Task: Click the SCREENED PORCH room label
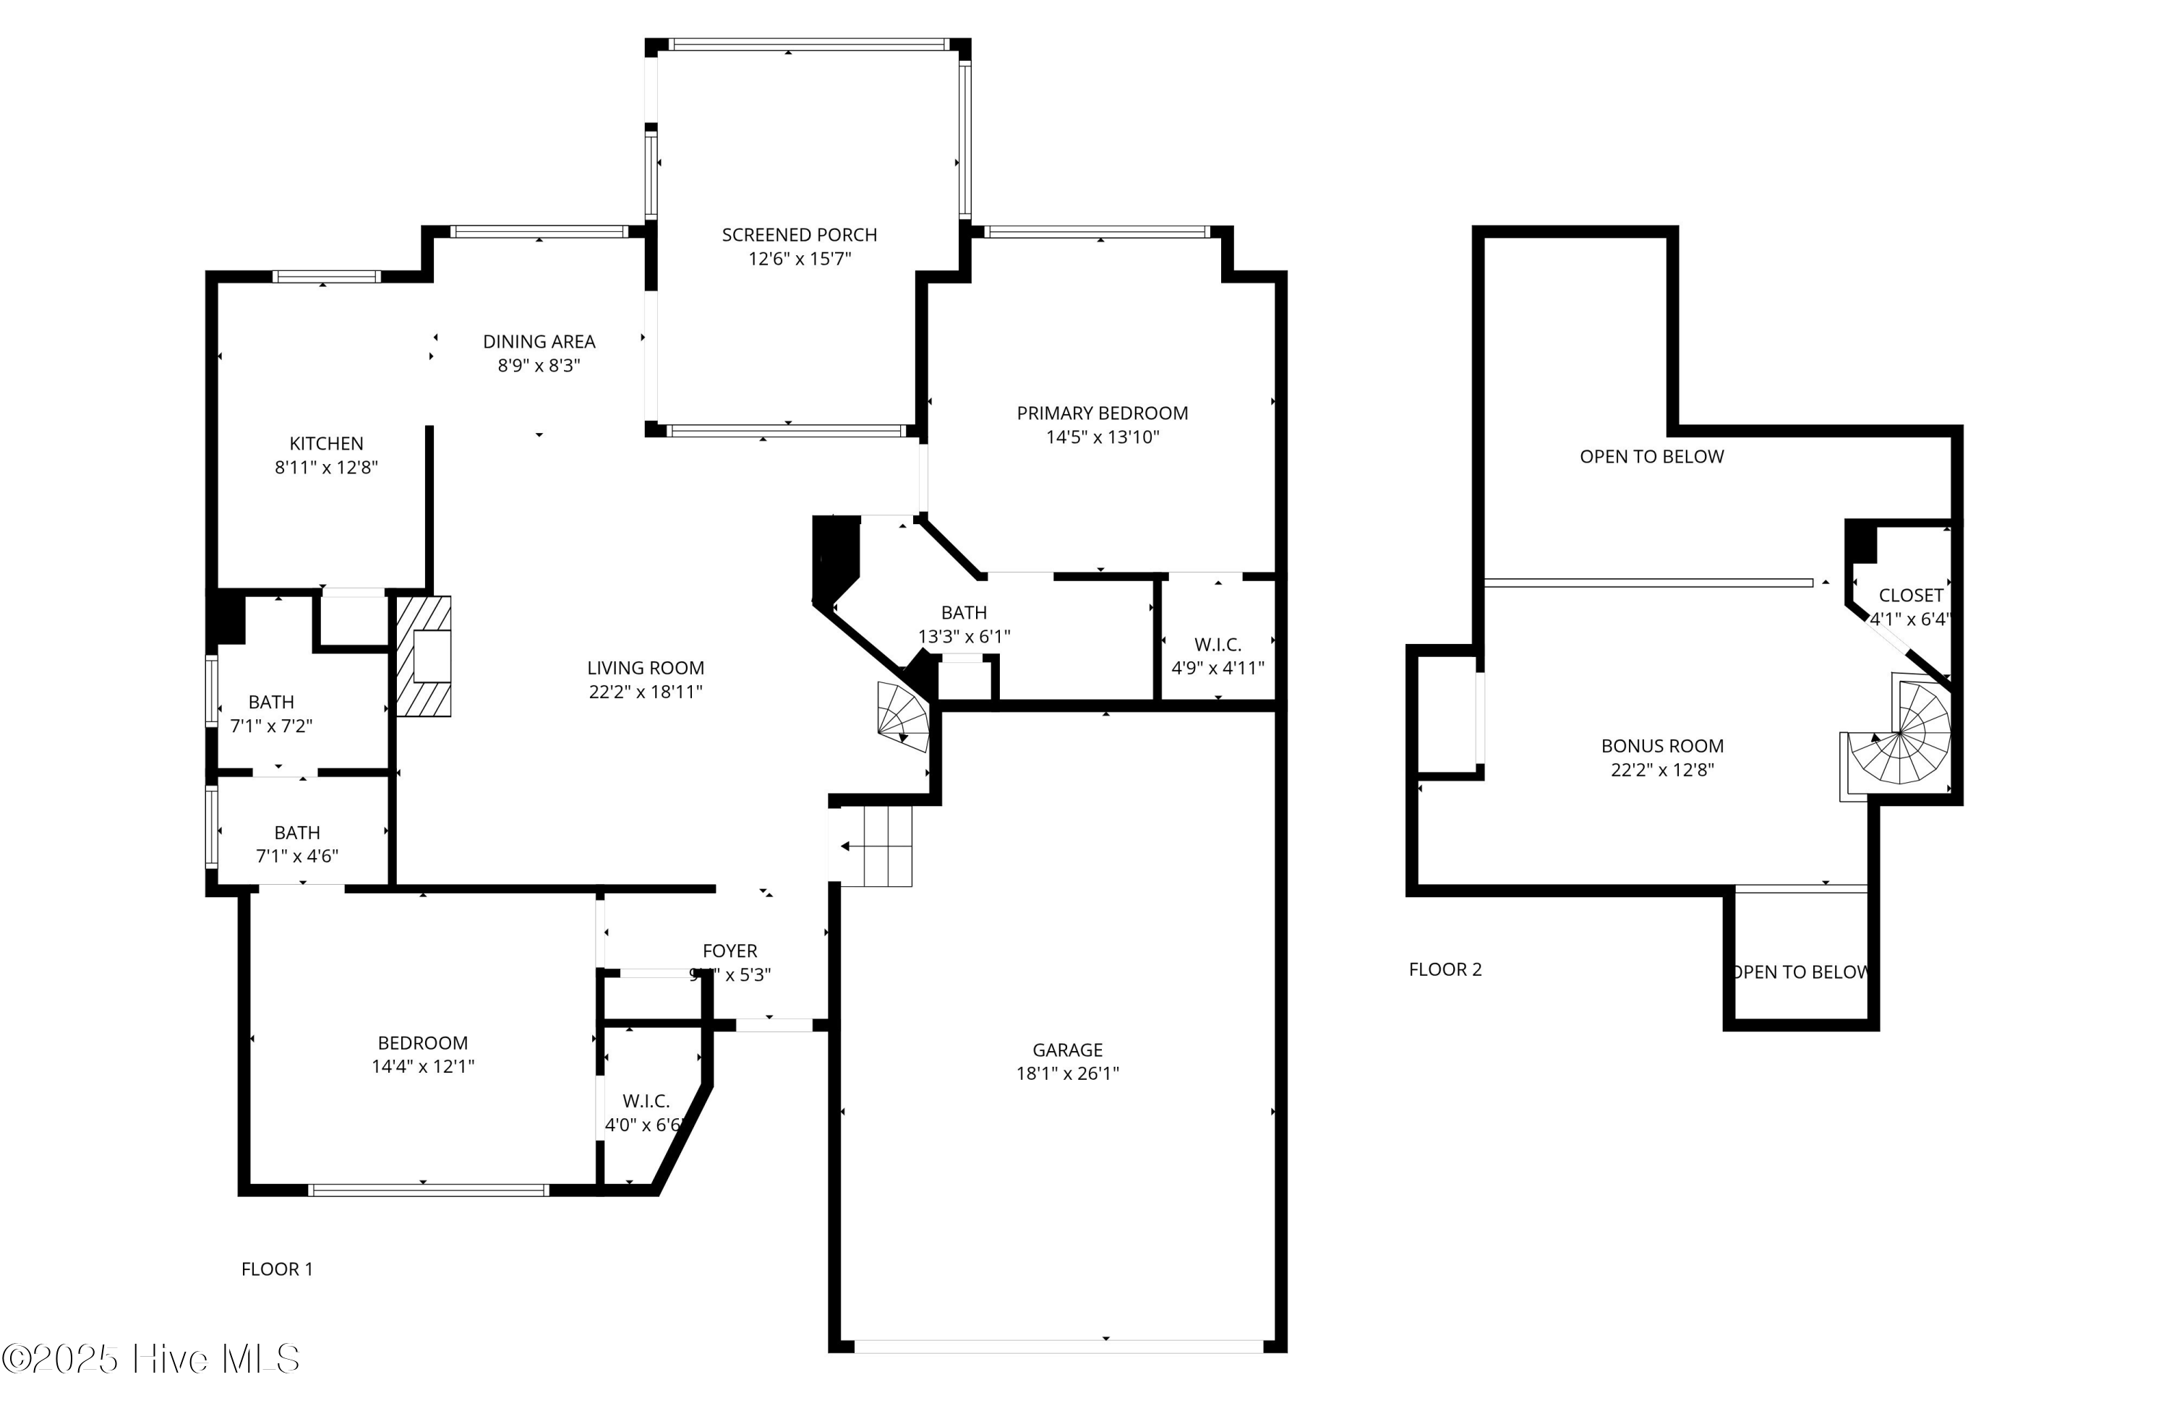(798, 235)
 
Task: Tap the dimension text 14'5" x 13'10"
(1102, 437)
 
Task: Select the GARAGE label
(1067, 1050)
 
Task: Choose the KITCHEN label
(326, 444)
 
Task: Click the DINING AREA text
(539, 342)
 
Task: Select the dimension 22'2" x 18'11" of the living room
(645, 692)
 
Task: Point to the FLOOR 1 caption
(277, 1269)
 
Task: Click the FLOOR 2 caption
(1445, 969)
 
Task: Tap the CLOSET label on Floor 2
(1911, 596)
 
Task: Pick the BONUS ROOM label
(1662, 746)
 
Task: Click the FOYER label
(729, 951)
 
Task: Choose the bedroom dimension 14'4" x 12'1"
(423, 1067)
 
